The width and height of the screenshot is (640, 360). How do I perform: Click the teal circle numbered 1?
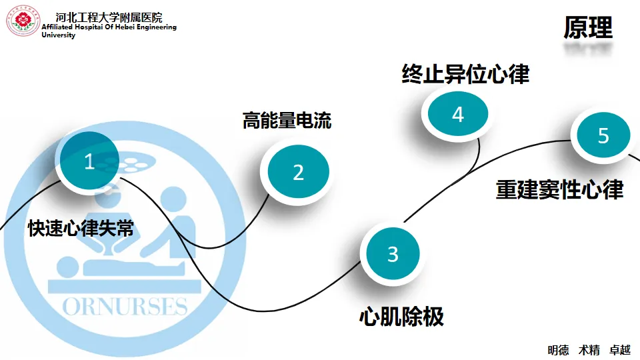(x=89, y=161)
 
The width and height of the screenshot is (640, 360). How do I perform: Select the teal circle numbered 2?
(x=298, y=172)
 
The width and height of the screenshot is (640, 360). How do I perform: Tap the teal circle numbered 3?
(x=393, y=254)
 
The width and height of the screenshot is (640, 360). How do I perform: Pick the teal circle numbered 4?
(x=457, y=115)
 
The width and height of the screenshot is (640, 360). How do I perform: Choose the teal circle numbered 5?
(x=603, y=136)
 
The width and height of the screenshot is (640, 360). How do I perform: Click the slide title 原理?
(x=587, y=28)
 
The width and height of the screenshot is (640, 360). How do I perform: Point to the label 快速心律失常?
(x=81, y=229)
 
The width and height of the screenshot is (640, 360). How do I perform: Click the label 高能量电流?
(x=287, y=121)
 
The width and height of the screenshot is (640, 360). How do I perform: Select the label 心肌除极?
(x=401, y=316)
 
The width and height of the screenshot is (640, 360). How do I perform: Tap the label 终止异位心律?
(x=465, y=74)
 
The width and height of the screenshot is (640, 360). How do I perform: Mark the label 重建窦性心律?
(x=559, y=189)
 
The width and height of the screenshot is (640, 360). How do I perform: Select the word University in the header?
(x=59, y=35)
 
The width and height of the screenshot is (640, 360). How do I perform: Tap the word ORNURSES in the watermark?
(x=125, y=306)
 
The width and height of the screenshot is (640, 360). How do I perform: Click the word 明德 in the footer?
(x=558, y=350)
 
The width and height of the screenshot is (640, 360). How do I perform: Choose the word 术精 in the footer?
(x=589, y=350)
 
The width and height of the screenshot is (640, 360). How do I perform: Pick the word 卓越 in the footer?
(x=620, y=350)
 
